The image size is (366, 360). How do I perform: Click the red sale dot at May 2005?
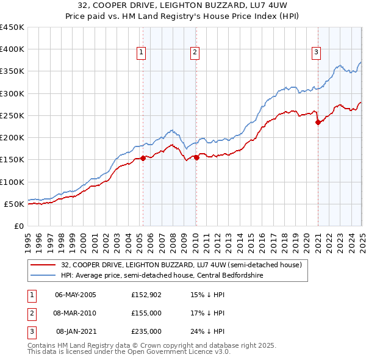pos(143,158)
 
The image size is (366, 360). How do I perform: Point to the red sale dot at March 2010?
pos(196,157)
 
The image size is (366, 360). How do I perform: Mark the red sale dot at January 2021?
pos(318,122)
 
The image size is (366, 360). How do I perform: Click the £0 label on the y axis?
pos(19,226)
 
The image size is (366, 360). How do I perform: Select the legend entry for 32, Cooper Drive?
pos(181,265)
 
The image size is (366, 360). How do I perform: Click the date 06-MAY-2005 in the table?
pos(76,295)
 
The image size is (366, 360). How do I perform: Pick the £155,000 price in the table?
pos(146,313)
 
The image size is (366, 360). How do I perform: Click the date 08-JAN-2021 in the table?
pos(76,331)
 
